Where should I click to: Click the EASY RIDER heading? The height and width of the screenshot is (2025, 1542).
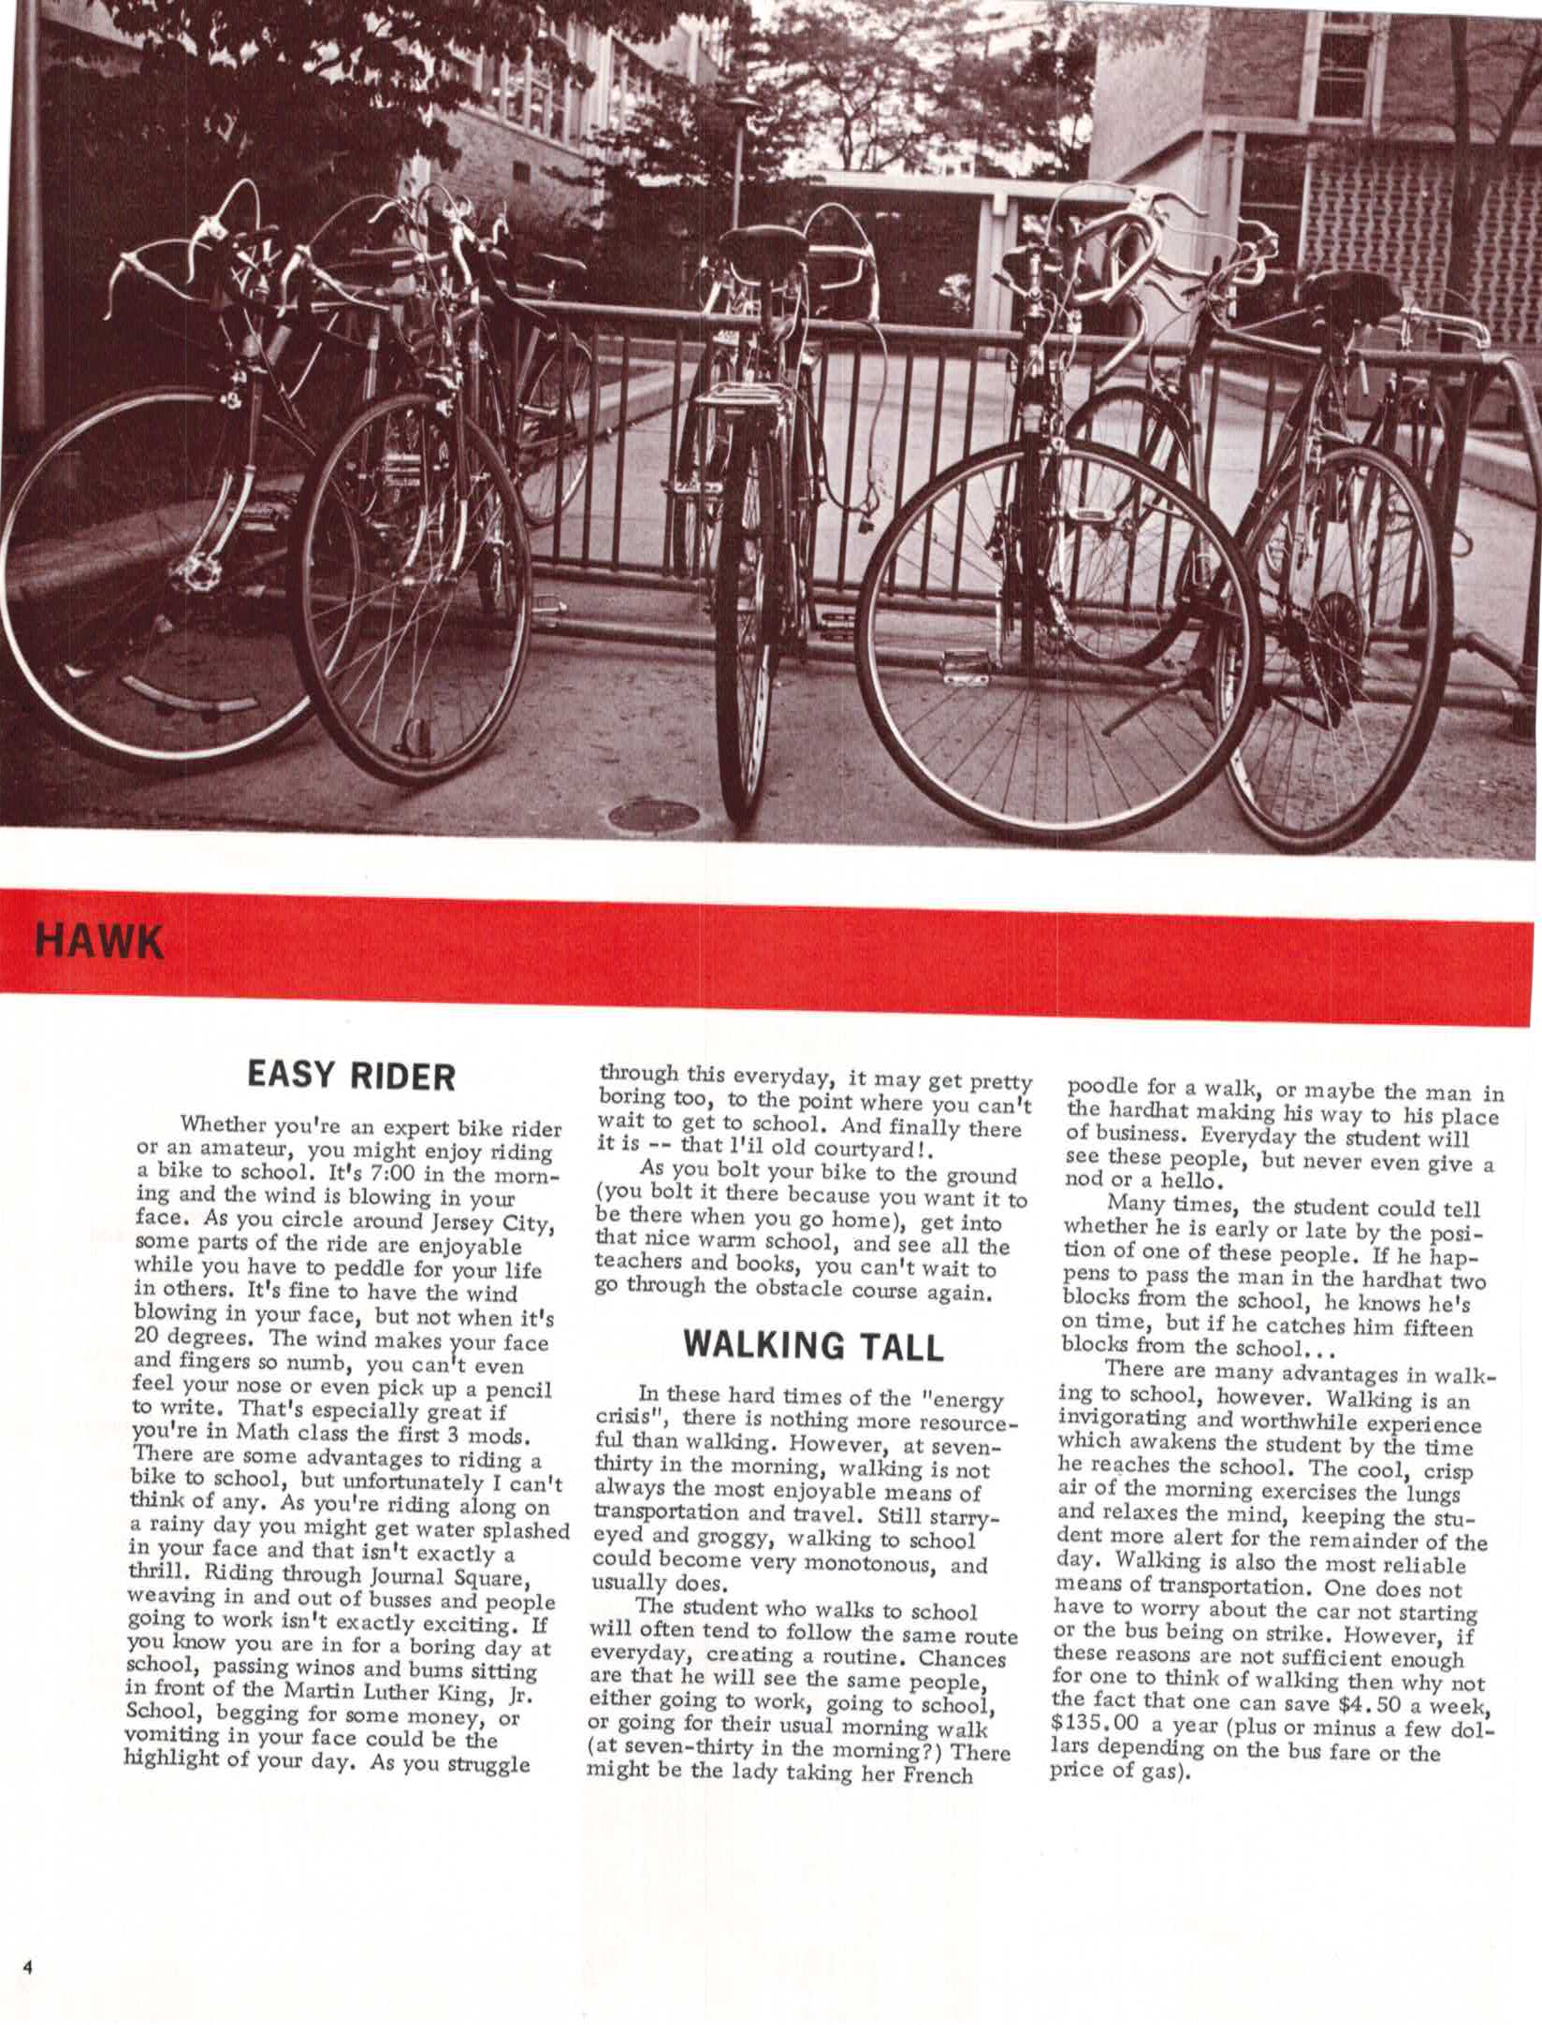pos(350,1075)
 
